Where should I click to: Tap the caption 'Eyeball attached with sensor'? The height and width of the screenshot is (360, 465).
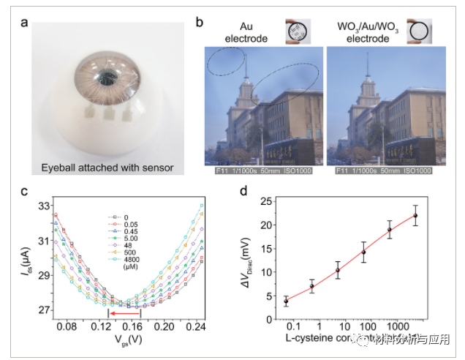[x=106, y=168]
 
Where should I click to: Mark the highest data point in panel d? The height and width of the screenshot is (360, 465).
[x=415, y=215]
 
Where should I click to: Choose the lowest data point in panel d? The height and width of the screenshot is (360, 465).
[x=286, y=301]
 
